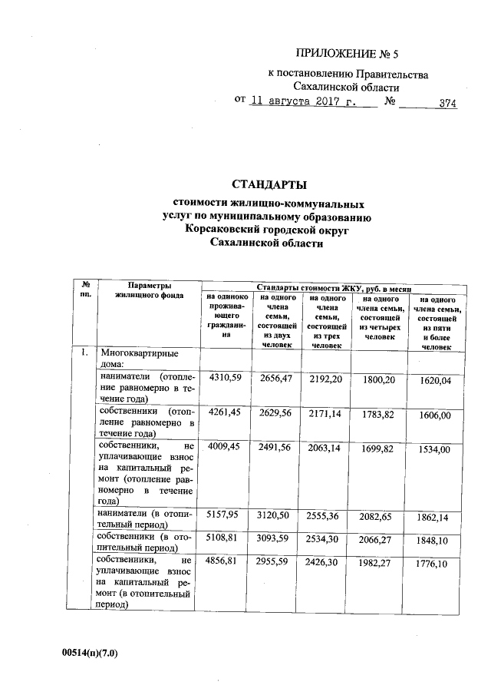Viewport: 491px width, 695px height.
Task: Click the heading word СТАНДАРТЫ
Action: tap(269, 184)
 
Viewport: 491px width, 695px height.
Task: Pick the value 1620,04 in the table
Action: tap(434, 380)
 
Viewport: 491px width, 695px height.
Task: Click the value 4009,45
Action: tap(226, 445)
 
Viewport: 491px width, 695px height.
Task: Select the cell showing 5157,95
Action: tap(226, 513)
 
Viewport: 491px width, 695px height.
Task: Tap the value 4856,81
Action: tap(226, 562)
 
